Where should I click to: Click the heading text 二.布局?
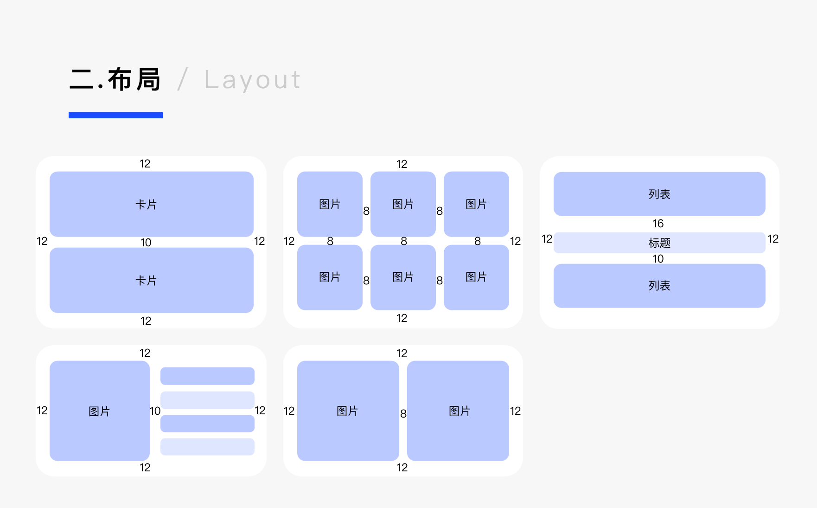(115, 80)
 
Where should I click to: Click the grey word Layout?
(253, 80)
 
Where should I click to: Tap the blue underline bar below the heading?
(115, 115)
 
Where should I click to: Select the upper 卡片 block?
(151, 204)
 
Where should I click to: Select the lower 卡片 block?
(151, 280)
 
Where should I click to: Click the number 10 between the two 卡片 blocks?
(146, 243)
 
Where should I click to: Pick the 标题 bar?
(659, 243)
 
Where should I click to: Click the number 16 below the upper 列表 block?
(658, 224)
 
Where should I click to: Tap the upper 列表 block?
(659, 194)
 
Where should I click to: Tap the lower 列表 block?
(659, 286)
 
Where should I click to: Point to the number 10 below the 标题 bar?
(658, 259)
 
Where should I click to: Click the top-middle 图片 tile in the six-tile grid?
(403, 204)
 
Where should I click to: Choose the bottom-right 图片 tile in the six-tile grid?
(476, 277)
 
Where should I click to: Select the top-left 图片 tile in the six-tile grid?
(330, 204)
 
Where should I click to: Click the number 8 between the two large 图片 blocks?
(403, 414)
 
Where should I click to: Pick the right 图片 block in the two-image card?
(458, 411)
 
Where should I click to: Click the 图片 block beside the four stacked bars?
(99, 411)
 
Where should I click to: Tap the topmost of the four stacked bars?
(207, 376)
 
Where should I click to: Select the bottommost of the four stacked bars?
(207, 447)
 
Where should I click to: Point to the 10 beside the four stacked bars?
(155, 411)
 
